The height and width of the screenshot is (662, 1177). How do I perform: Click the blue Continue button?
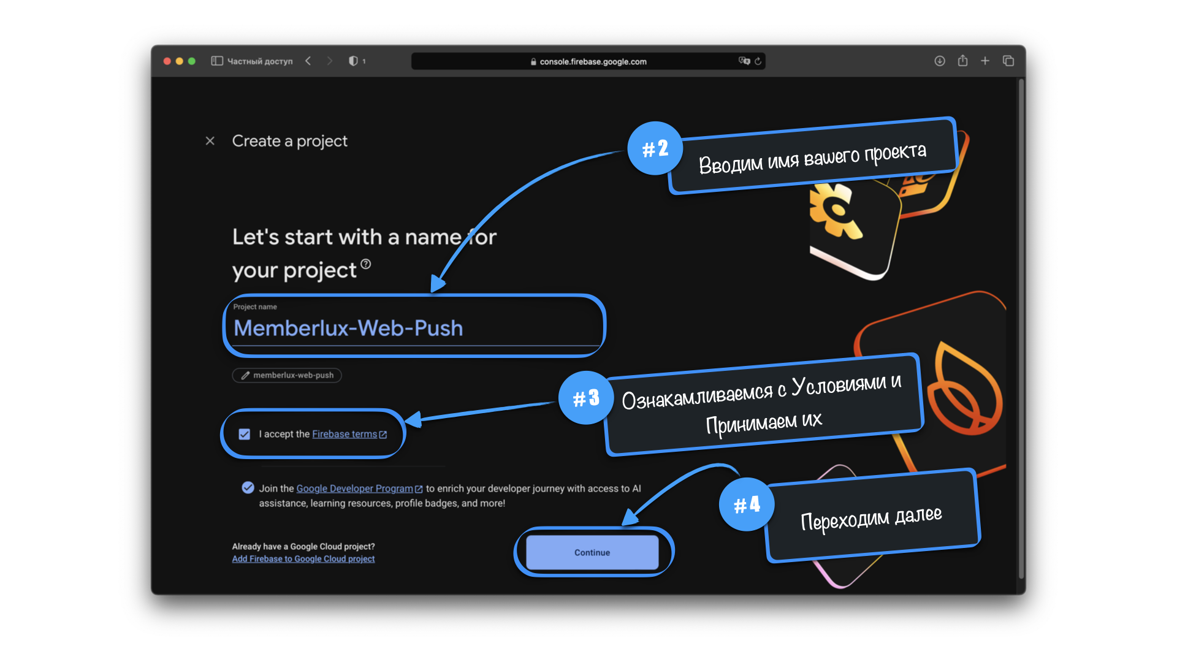[592, 552]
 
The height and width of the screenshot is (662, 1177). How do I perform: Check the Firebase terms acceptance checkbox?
[245, 434]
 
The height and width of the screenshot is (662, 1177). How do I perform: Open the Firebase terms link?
[345, 434]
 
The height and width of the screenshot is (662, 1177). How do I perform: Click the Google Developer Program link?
[354, 489]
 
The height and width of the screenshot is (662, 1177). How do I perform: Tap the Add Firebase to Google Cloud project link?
[303, 559]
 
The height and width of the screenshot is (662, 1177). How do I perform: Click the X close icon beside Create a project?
[210, 141]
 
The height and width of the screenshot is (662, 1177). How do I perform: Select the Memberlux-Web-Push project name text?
[348, 329]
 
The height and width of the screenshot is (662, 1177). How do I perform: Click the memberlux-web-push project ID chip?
[287, 375]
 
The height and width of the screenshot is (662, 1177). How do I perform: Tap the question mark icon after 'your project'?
[366, 264]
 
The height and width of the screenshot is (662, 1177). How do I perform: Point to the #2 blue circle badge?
[655, 148]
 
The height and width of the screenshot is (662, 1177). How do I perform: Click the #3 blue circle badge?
[585, 398]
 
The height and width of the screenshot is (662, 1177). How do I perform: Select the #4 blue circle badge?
[747, 504]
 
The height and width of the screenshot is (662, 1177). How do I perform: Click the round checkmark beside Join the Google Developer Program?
[248, 488]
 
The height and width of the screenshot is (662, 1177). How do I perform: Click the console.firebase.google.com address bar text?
[592, 61]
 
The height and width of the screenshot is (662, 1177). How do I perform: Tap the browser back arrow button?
[308, 61]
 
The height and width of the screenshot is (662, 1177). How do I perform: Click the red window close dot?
[167, 61]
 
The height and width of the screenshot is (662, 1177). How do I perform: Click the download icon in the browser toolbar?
[939, 61]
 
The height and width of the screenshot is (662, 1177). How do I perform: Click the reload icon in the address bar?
[758, 61]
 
